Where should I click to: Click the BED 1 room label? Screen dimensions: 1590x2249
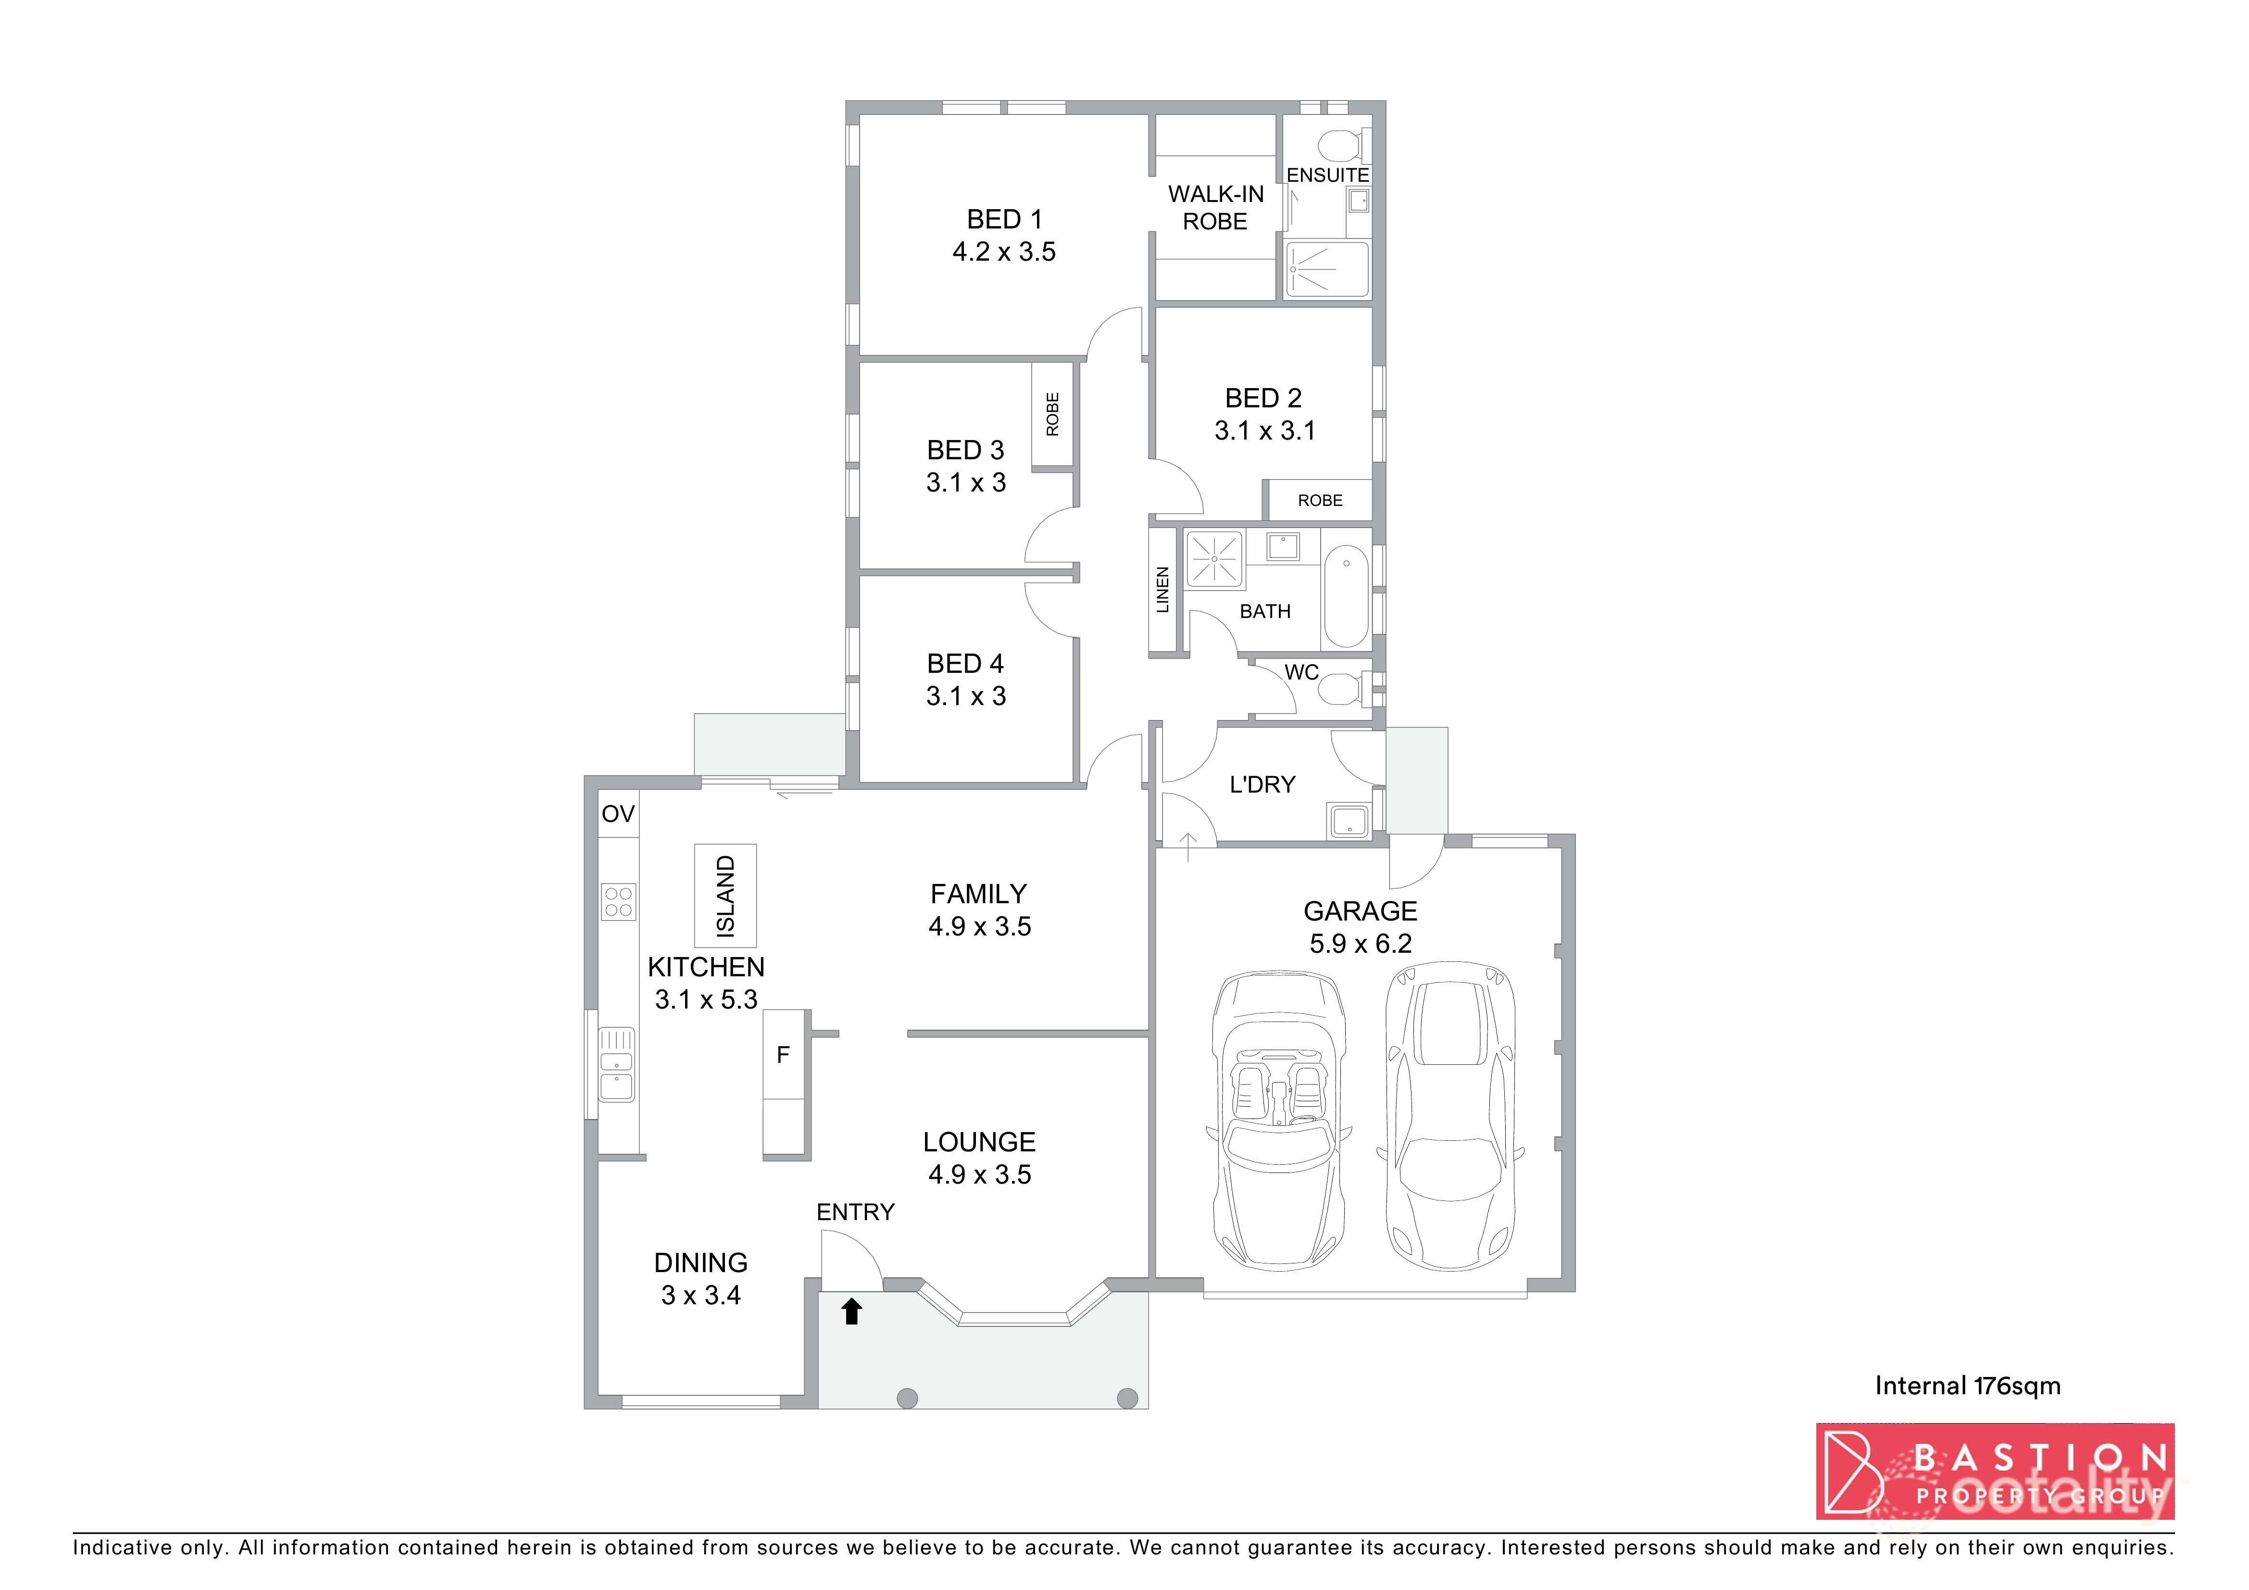(x=1004, y=219)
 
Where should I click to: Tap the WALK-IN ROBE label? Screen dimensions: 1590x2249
(x=1215, y=208)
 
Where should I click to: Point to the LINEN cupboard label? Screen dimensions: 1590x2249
(x=1162, y=590)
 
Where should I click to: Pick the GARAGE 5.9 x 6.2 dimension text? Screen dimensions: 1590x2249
(x=1361, y=944)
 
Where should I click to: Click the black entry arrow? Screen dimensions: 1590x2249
(x=851, y=1311)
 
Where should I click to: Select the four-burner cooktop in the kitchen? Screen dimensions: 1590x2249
(x=618, y=901)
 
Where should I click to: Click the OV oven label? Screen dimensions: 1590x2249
(x=618, y=814)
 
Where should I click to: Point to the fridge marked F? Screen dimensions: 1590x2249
(x=784, y=1055)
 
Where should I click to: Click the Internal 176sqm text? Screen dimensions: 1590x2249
(x=1967, y=1385)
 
